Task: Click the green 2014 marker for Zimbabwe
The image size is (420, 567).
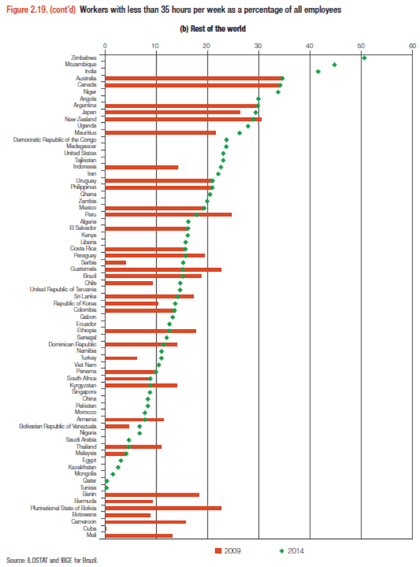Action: tap(364, 58)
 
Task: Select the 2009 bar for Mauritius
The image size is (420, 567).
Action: tap(161, 132)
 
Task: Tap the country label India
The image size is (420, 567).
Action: tap(88, 71)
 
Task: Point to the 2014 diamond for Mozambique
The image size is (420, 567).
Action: tap(334, 65)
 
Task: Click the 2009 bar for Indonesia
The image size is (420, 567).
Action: tap(142, 166)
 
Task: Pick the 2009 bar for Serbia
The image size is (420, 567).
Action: tap(116, 262)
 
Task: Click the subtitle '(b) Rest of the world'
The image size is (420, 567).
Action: tap(209, 29)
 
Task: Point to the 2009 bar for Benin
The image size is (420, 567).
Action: tap(152, 494)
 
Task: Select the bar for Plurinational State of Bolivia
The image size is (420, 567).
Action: tap(163, 508)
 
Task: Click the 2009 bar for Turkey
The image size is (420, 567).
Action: tap(121, 358)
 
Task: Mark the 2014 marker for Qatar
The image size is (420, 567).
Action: tap(107, 481)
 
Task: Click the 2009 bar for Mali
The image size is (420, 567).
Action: tap(139, 535)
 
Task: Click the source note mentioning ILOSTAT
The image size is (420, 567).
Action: tap(52, 559)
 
